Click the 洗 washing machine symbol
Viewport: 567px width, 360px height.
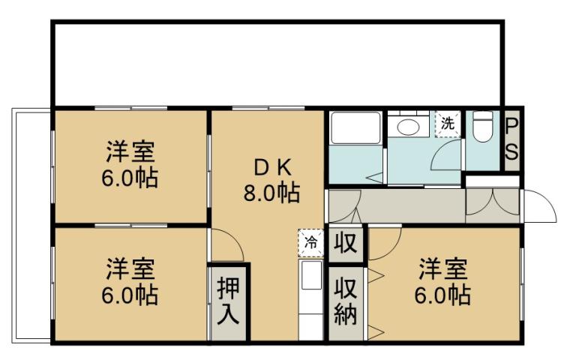pos(448,123)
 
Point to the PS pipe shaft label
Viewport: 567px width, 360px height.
pos(511,139)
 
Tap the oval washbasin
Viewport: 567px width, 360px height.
pos(409,126)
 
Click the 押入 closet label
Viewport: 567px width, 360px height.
pos(228,300)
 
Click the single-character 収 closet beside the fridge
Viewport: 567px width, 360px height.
pos(345,244)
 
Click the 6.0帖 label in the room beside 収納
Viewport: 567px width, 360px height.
pos(444,294)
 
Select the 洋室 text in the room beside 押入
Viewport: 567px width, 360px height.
pos(130,268)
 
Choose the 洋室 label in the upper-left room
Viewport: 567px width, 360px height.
pos(130,152)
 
